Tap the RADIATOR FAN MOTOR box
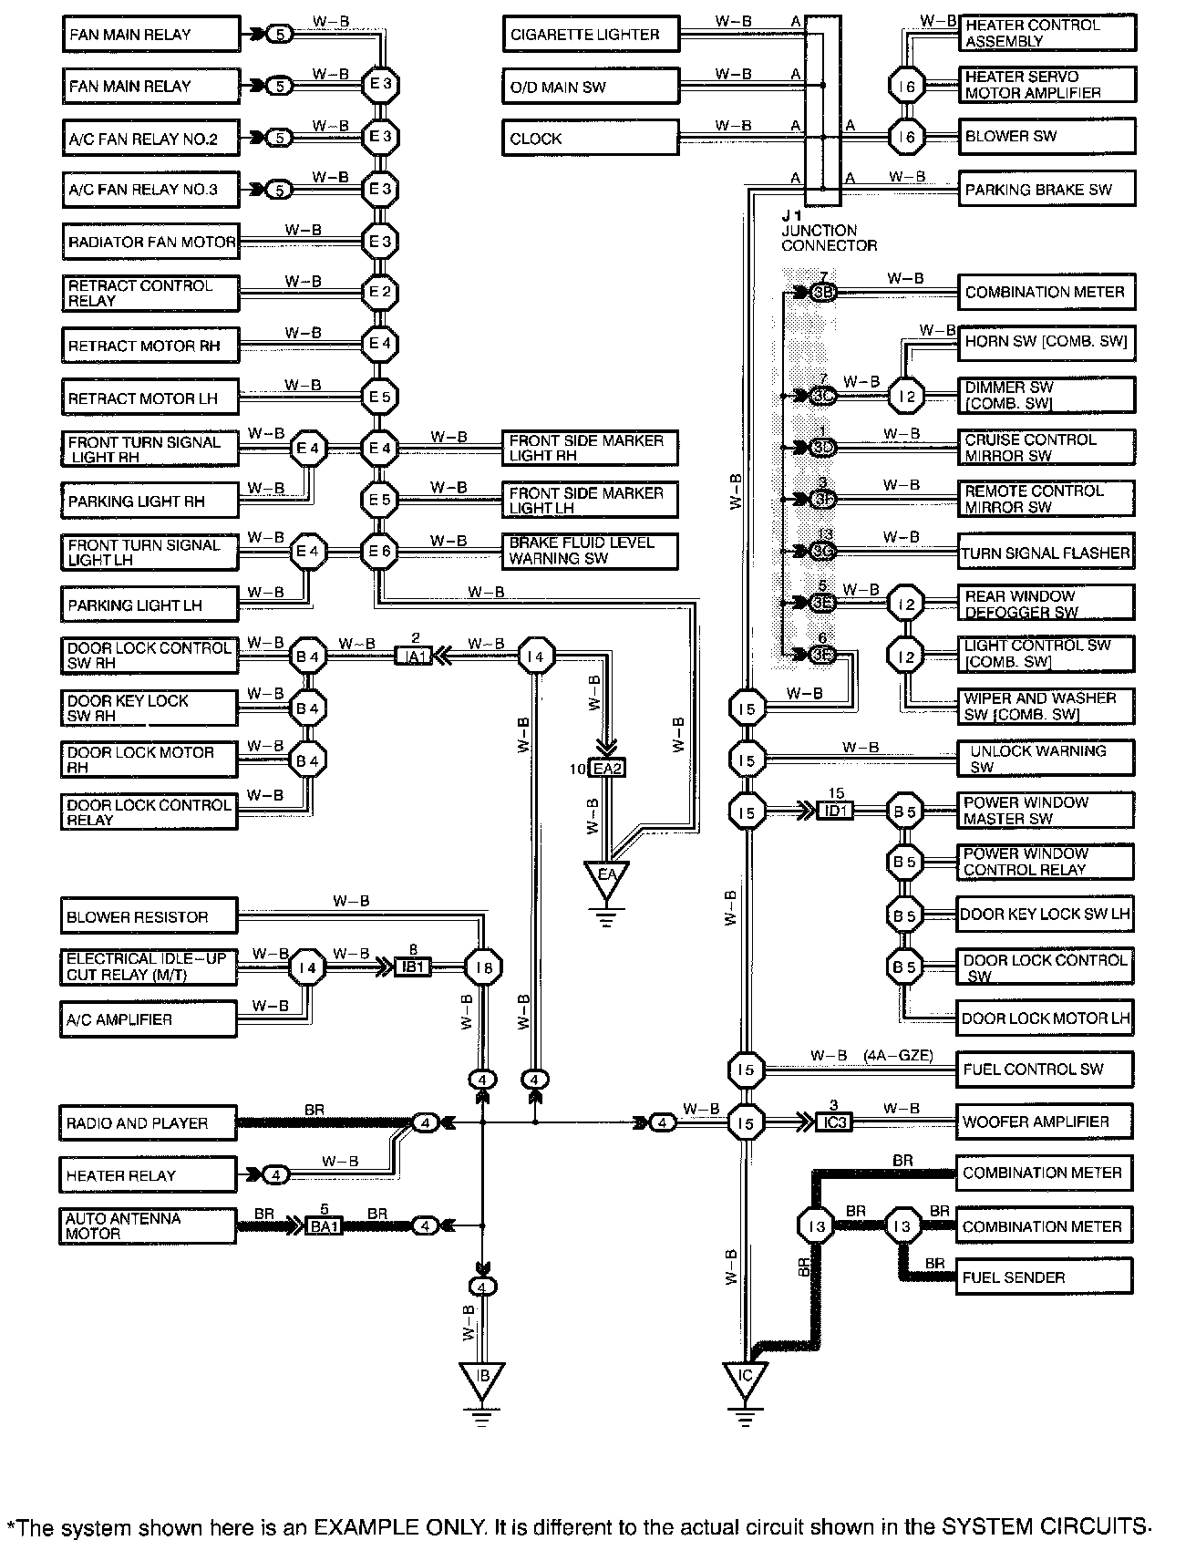pos(151,243)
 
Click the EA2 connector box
pos(607,769)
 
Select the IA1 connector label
pos(413,656)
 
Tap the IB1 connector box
pos(413,967)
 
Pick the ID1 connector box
pos(835,810)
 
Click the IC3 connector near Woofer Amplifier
pos(834,1122)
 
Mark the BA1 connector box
pos(324,1226)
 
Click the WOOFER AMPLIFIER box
pos(1044,1122)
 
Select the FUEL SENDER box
pos(1044,1277)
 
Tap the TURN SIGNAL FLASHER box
pos(1046,553)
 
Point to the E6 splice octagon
pos(379,552)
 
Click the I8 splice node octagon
pos(483,967)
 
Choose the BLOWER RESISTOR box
pos(149,916)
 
